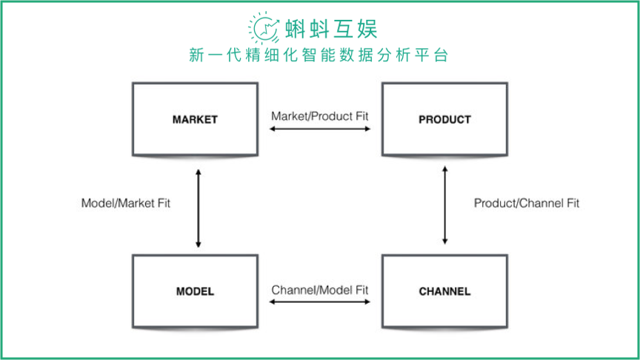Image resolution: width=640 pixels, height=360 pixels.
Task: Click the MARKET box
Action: coord(196,119)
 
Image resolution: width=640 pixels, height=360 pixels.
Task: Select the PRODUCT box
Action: coord(444,119)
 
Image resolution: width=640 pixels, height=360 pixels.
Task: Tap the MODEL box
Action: coord(196,291)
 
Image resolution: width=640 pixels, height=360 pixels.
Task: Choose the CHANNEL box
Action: coord(444,291)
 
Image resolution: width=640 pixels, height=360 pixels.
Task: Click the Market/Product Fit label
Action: coord(320,116)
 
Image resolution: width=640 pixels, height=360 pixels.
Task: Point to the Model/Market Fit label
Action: coord(126,203)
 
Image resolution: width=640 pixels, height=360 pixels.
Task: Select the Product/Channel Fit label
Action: coord(527,203)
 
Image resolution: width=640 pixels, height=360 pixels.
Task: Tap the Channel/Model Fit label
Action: coord(320,290)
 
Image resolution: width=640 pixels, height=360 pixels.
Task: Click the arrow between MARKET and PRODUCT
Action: coord(320,130)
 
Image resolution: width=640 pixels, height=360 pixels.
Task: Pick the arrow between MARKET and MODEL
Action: coord(198,208)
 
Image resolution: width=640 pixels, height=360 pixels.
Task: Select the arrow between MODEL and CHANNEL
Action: coord(320,302)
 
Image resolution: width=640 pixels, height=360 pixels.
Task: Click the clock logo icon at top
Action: coord(264,27)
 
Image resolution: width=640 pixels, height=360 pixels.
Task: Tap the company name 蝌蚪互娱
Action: coord(331,29)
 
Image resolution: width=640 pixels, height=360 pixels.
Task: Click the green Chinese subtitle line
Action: coord(319,56)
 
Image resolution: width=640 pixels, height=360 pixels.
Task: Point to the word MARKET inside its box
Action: coord(195,119)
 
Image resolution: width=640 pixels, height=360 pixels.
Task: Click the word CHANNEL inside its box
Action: coord(444,291)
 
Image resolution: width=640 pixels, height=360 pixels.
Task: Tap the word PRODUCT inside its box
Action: coord(444,119)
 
